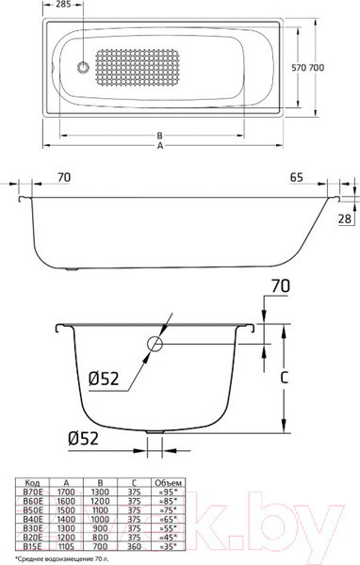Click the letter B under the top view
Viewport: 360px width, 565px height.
tap(161, 135)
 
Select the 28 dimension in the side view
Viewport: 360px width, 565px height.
tap(344, 218)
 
